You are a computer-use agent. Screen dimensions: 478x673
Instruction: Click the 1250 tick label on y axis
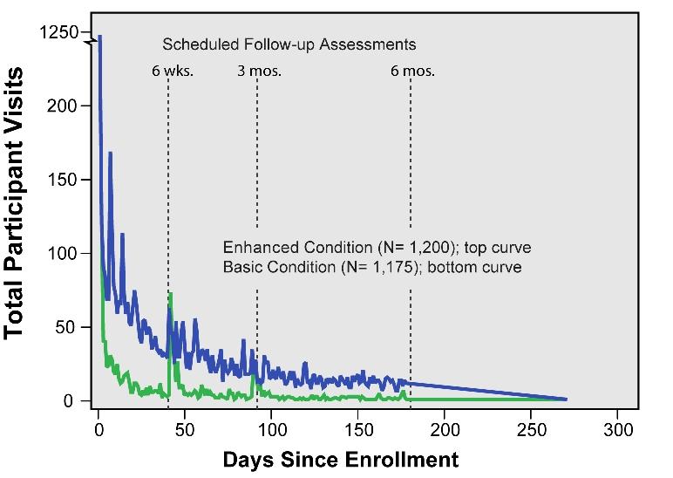(58, 32)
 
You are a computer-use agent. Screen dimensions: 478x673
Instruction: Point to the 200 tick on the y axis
(64, 106)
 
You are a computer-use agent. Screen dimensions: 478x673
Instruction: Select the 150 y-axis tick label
(64, 180)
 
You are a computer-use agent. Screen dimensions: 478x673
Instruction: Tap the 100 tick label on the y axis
(64, 254)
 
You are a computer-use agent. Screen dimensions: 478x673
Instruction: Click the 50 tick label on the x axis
(184, 429)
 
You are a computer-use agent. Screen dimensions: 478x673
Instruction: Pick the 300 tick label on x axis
(617, 429)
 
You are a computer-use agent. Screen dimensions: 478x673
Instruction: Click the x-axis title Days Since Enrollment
(340, 459)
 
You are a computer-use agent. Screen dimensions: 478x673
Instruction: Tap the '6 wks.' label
(172, 72)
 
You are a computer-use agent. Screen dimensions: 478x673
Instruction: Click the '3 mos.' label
(259, 72)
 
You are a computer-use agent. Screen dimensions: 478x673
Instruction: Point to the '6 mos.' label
(412, 72)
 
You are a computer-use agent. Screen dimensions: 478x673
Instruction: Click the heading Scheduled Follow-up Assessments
(289, 44)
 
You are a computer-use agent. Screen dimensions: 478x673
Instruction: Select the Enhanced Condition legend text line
(377, 247)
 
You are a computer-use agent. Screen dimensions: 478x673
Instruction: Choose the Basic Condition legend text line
(372, 267)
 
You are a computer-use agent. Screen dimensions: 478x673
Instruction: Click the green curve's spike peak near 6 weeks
(171, 294)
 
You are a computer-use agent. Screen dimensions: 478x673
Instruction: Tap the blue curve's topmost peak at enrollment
(99, 37)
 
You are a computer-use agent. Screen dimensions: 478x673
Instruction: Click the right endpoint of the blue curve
(566, 399)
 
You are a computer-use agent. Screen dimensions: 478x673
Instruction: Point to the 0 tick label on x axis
(98, 429)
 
